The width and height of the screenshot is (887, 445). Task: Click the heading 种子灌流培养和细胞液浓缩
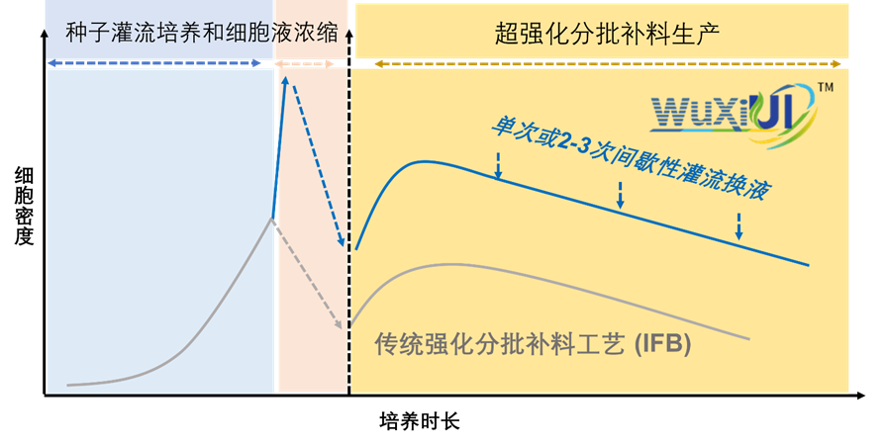click(x=202, y=32)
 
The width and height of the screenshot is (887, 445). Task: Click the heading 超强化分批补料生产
click(x=606, y=33)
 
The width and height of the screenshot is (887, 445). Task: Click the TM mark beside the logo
click(x=825, y=88)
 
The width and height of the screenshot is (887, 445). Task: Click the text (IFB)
click(x=662, y=345)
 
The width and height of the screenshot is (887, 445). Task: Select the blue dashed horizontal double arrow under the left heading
click(x=155, y=63)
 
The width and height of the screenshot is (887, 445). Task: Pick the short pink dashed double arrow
click(x=305, y=63)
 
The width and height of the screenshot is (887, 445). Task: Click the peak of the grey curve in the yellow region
click(x=450, y=264)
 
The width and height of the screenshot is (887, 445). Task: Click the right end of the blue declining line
click(x=808, y=264)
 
